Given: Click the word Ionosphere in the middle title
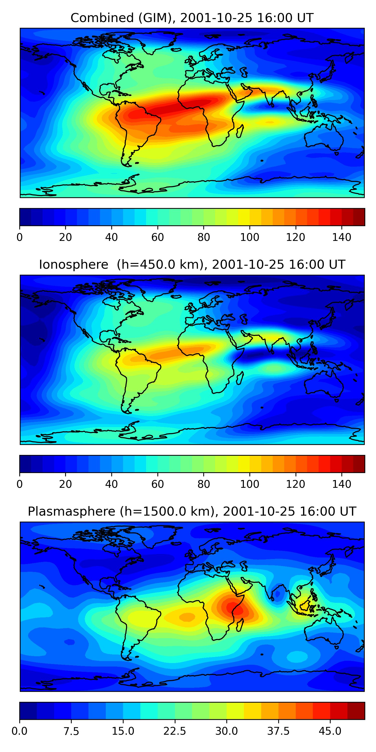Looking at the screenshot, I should [x=73, y=264].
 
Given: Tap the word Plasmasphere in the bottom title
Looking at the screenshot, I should [x=71, y=511].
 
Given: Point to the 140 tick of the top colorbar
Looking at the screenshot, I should [x=342, y=237].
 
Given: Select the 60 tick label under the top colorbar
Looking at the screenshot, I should [x=158, y=237].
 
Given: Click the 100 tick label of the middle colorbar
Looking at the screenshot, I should [x=250, y=484].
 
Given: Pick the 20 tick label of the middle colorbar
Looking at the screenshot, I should [x=65, y=484].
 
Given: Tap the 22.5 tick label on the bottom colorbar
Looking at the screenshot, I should [x=174, y=731].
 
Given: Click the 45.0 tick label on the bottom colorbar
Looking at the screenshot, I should [x=330, y=731].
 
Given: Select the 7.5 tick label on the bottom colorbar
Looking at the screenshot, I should [x=71, y=731].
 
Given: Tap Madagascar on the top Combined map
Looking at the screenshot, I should [x=240, y=131].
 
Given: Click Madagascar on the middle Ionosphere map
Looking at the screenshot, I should [x=240, y=378].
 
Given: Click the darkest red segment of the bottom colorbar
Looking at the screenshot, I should [x=356, y=711].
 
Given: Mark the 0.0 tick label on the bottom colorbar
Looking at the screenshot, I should [x=20, y=731].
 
